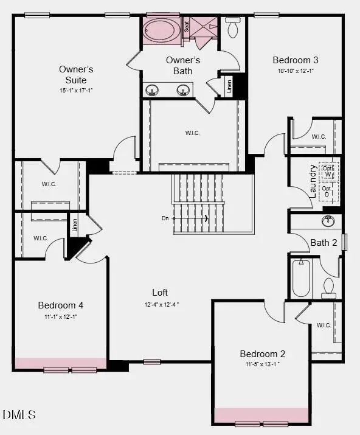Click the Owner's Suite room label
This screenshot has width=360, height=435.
click(77, 74)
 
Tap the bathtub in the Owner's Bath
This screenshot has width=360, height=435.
click(161, 30)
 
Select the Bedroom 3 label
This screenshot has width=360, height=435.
click(296, 60)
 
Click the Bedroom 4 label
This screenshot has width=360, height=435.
click(61, 305)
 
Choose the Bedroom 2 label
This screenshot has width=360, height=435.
click(263, 353)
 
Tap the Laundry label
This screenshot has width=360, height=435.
click(314, 181)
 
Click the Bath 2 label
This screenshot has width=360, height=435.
click(324, 243)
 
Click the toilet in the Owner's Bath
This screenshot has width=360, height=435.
click(232, 27)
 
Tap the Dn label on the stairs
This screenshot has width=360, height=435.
click(165, 218)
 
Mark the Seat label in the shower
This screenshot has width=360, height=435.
click(187, 26)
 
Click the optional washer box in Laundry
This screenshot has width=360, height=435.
click(328, 171)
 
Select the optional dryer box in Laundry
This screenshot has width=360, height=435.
click(328, 192)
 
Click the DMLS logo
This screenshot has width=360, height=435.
click(19, 415)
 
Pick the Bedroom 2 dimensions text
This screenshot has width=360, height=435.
click(263, 364)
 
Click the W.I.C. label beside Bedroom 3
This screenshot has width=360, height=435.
click(319, 137)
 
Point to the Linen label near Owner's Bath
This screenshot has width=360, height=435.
click(229, 86)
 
